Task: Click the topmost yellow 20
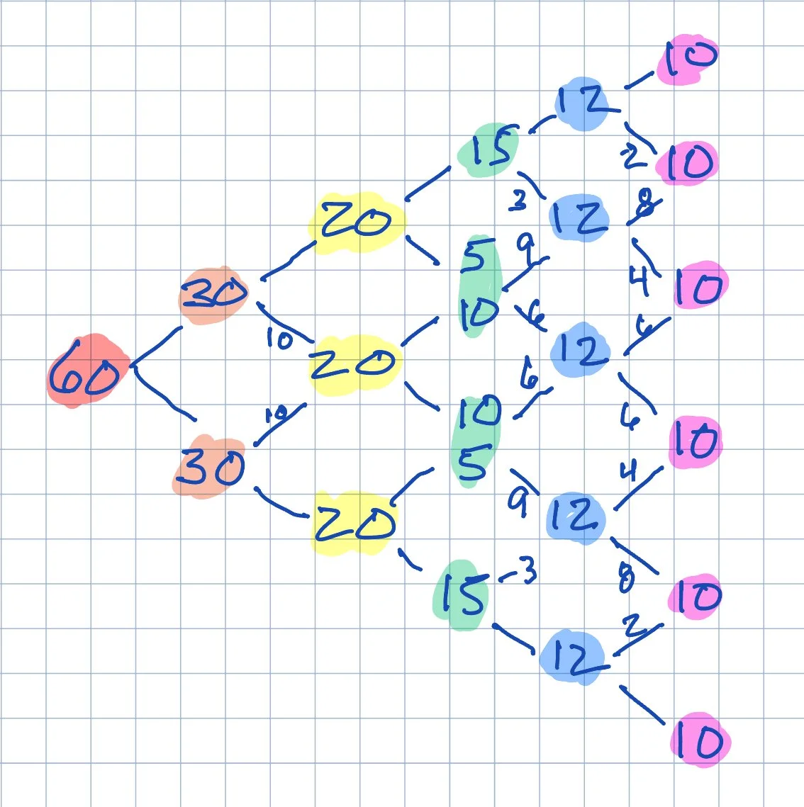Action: click(355, 222)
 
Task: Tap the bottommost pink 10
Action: click(699, 741)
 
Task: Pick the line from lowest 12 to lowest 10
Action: click(642, 704)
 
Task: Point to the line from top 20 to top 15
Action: click(428, 182)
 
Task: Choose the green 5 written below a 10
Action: click(474, 464)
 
